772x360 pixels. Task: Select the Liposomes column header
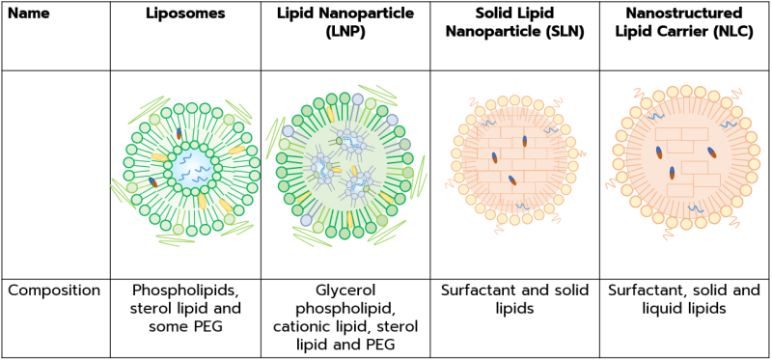185,16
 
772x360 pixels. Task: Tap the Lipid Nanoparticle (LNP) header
345,25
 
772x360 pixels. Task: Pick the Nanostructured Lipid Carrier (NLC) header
684,25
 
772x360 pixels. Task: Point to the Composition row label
54,290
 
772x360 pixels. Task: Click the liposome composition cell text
185,308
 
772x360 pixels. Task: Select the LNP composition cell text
345,317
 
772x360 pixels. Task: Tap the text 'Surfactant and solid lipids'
514,298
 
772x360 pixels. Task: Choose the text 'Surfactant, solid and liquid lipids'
684,298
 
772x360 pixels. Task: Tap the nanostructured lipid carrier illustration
684,159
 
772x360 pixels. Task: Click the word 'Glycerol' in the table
345,290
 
